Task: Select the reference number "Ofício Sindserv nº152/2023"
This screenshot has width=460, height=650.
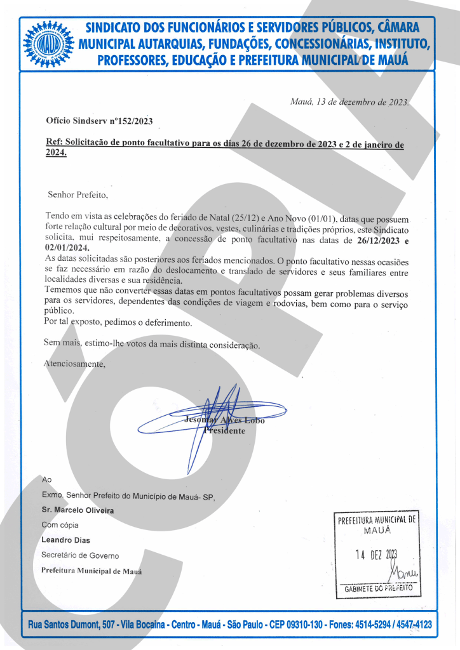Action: [99, 121]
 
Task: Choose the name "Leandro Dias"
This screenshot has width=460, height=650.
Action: [65, 540]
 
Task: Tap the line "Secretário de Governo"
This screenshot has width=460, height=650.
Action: [79, 555]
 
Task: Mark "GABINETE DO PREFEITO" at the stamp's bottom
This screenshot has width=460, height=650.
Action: [378, 588]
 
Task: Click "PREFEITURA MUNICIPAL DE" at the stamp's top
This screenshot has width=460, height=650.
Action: [377, 519]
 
